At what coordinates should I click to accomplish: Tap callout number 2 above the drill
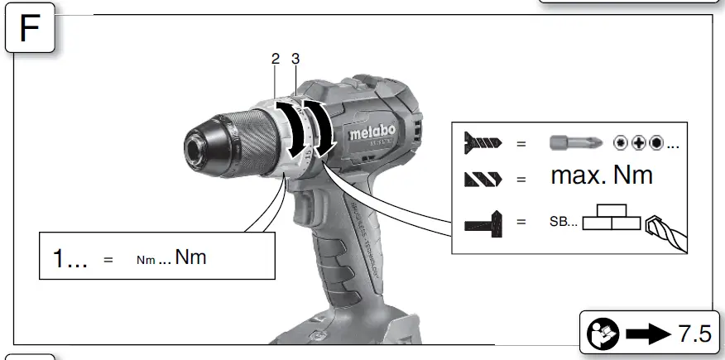point(275,59)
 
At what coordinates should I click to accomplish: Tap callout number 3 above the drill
point(295,59)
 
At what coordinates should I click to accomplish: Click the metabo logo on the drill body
point(372,132)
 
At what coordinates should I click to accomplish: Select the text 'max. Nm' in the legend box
point(602,175)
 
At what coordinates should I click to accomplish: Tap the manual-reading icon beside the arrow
point(602,334)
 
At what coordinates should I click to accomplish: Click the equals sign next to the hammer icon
point(521,222)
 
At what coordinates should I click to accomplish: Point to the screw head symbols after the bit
point(646,142)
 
